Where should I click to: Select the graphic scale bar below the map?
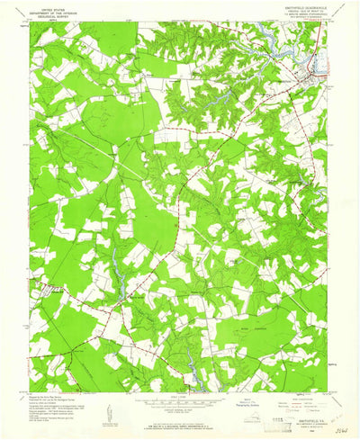pos(180,402)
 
